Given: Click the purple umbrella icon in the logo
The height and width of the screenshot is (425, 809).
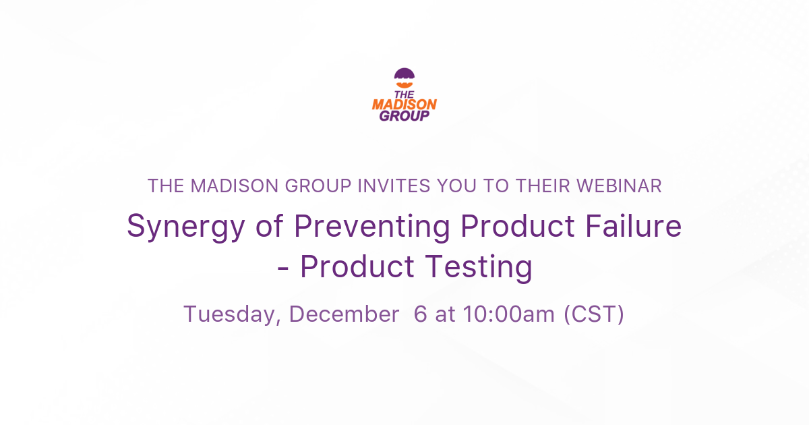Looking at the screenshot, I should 404,76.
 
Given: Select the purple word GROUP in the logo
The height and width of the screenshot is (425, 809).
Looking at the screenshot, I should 404,116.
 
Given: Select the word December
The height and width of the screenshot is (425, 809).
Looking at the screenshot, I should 343,314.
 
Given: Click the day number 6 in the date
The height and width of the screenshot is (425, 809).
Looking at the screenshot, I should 420,314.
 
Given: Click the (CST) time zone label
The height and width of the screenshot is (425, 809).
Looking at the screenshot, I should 594,314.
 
